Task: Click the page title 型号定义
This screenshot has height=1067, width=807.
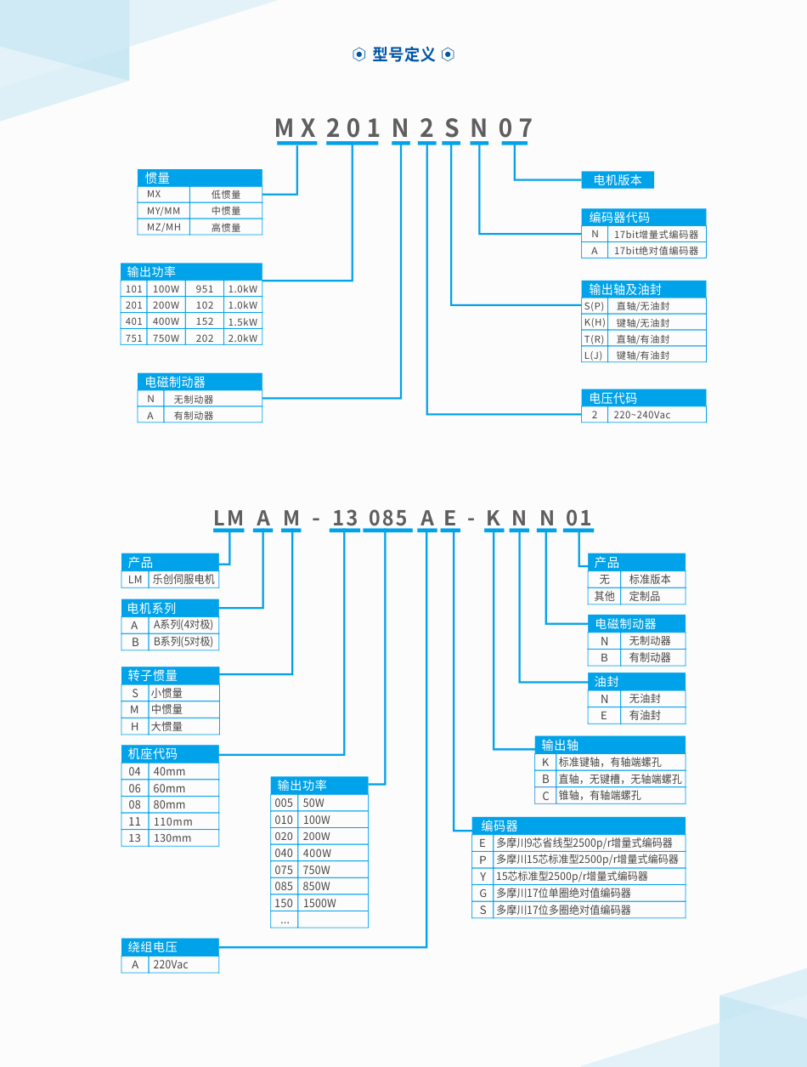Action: (x=403, y=54)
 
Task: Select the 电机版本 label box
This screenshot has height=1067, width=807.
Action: (x=618, y=180)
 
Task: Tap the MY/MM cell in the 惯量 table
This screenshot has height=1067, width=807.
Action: (x=164, y=211)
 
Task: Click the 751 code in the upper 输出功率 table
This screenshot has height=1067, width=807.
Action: (x=134, y=338)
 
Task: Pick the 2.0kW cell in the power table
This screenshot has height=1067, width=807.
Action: (x=243, y=338)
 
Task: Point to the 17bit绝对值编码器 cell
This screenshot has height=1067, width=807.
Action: (x=657, y=250)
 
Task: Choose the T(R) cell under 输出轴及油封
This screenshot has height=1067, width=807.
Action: (x=595, y=339)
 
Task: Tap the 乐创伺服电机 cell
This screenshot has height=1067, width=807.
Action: (x=183, y=580)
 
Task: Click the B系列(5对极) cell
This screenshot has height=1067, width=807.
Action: (x=183, y=642)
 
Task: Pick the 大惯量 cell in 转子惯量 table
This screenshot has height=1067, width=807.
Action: (x=183, y=726)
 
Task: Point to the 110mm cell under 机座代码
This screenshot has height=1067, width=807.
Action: (x=183, y=821)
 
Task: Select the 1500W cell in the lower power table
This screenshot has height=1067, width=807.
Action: (x=333, y=903)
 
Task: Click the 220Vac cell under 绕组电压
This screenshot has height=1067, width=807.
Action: (x=183, y=964)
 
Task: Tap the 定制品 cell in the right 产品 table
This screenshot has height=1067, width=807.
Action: (x=653, y=596)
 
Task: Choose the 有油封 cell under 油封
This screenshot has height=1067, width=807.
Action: (x=653, y=715)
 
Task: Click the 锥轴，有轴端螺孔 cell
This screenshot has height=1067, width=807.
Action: (x=621, y=795)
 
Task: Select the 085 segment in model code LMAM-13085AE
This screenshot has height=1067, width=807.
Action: (x=387, y=518)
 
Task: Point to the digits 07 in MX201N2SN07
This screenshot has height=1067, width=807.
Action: (x=515, y=128)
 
